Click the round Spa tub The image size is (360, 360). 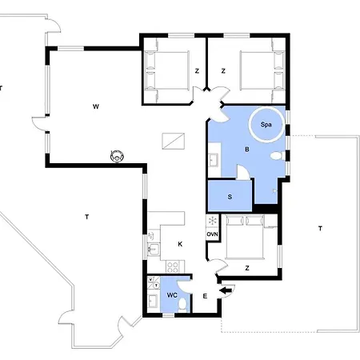(x=266, y=124)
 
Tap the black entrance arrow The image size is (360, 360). (x=226, y=290)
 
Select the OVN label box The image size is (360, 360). (x=213, y=234)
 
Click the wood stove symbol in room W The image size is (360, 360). (x=117, y=156)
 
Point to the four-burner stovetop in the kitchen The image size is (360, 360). (x=173, y=266)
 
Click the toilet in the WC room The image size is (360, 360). (x=182, y=304)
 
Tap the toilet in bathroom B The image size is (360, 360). (x=276, y=156)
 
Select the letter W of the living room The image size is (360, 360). (x=96, y=106)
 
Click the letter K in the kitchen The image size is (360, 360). (x=180, y=244)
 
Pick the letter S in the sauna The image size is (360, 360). (x=230, y=197)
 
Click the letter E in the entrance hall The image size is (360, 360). (x=205, y=296)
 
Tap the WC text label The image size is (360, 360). (x=172, y=295)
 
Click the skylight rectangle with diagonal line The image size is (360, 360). (x=174, y=141)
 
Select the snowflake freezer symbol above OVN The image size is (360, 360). (x=213, y=221)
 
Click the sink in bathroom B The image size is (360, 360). (x=214, y=160)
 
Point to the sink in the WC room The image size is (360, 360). (x=153, y=301)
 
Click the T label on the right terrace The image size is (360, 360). (x=320, y=229)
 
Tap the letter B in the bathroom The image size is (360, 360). (x=247, y=150)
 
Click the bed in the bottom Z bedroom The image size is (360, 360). (x=245, y=237)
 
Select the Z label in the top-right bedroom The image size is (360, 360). (x=223, y=71)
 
